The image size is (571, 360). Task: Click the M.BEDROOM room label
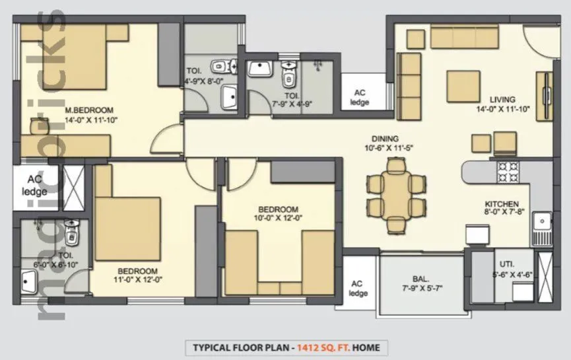(89, 110)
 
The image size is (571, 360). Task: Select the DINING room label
(384, 139)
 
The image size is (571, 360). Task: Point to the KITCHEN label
(502, 204)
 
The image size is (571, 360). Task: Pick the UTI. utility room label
(505, 262)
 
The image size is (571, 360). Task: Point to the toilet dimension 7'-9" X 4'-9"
(292, 104)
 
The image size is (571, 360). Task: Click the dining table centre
(394, 194)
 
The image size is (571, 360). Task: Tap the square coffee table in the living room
(462, 84)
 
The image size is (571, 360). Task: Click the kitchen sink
(544, 227)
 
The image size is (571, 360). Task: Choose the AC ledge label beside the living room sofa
(361, 97)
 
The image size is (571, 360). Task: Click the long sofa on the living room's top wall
(463, 37)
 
